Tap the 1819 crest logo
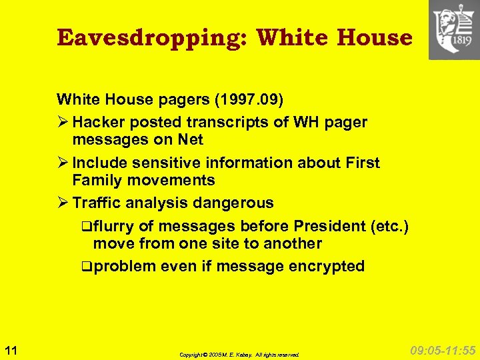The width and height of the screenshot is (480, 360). tap(454, 29)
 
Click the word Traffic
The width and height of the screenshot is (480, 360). tap(99, 203)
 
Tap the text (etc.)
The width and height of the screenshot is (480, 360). tap(390, 227)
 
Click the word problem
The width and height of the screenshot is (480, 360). tap(125, 267)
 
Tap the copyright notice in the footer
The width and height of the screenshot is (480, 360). tap(239, 355)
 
